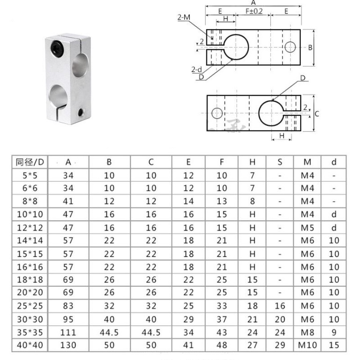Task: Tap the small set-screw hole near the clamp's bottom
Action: coord(80,113)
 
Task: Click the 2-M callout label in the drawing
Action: coord(184,17)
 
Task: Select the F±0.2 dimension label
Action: coord(254,11)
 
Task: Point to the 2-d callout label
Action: coord(197,69)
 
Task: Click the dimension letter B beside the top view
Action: coord(310,48)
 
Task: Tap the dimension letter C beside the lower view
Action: coord(317,114)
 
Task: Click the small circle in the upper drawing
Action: coord(290,47)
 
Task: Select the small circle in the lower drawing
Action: coord(217,113)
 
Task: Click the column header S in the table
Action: coord(280,162)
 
